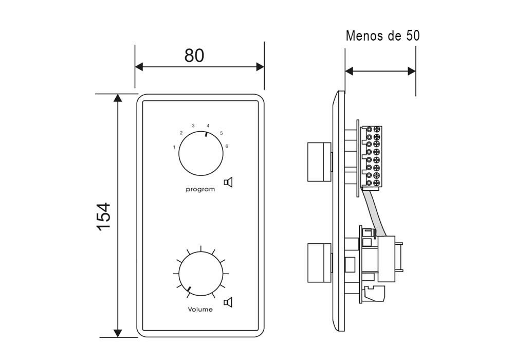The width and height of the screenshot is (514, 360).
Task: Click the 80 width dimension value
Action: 194,55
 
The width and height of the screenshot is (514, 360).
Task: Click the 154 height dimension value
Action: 104,216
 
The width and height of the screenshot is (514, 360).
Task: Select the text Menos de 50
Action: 382,36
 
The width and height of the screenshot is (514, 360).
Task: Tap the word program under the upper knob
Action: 200,190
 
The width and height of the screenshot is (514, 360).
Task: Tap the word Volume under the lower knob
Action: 200,310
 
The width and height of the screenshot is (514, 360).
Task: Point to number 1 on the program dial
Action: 174,148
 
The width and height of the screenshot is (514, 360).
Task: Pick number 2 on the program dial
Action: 181,133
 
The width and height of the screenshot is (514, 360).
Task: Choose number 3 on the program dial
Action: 193,125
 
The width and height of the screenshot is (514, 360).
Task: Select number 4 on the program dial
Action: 208,125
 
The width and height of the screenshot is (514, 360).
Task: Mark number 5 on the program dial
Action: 221,133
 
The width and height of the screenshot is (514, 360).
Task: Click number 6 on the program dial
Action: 227,147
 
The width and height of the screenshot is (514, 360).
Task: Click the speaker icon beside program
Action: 229,182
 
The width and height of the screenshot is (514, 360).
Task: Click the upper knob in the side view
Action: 318,161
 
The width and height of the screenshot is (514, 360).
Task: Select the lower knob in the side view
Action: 318,263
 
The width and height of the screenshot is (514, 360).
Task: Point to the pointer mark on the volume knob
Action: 189,290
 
